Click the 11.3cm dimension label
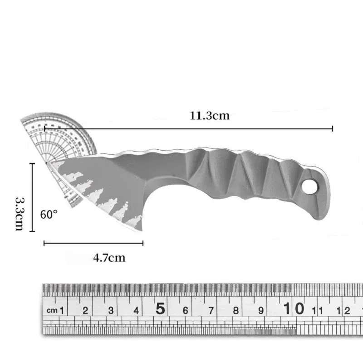point(210,116)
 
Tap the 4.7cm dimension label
point(109,258)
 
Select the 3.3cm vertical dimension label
point(19,213)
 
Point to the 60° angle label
point(49,214)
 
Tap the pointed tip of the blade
point(47,162)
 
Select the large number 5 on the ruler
point(160,309)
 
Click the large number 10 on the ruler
point(293,309)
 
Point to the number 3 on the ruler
point(111,310)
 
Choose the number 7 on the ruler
point(211,310)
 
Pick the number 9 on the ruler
point(261,310)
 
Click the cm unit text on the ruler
point(52,311)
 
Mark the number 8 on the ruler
point(236,310)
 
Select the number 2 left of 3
point(85,310)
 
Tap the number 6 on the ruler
point(186,310)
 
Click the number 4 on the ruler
point(136,310)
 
